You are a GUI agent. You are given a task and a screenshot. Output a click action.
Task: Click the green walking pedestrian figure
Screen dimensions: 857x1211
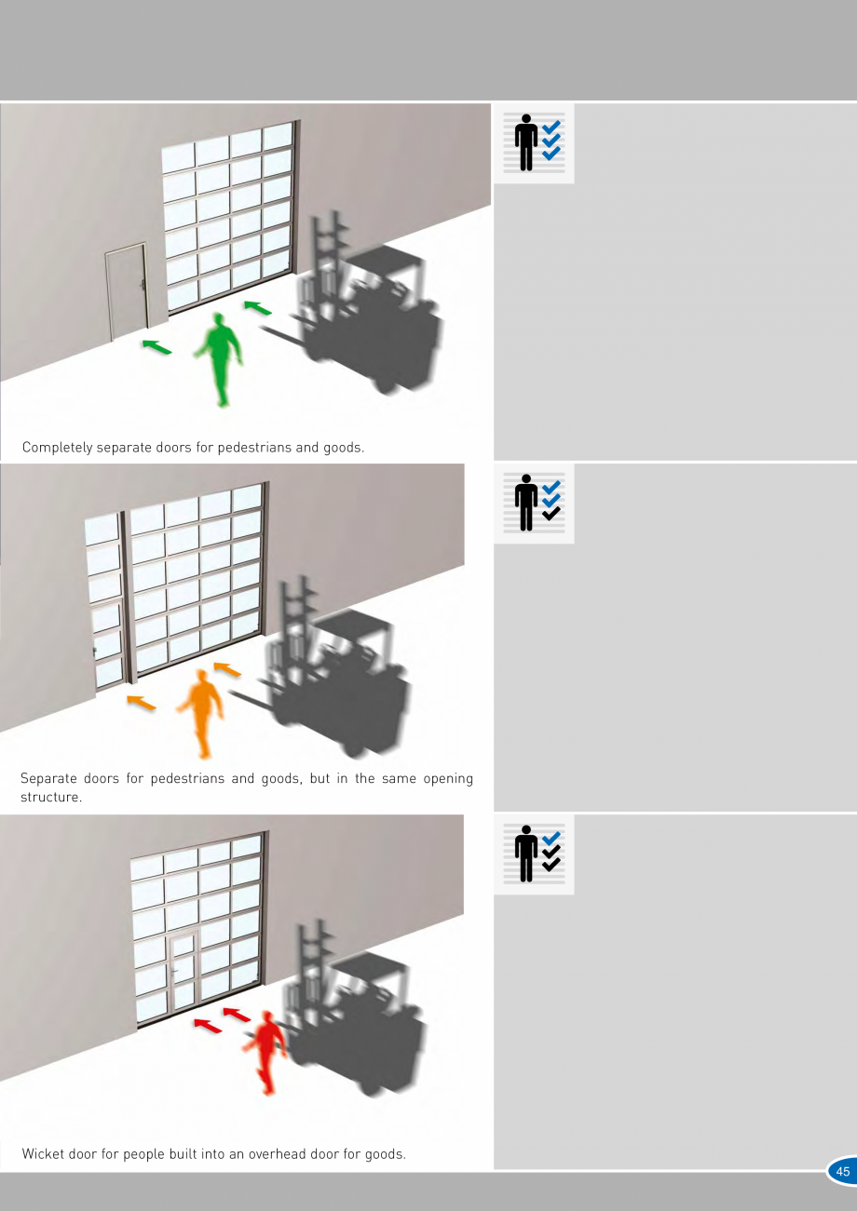(x=220, y=357)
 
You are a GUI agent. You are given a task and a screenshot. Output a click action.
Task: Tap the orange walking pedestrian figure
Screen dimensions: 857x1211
(x=202, y=712)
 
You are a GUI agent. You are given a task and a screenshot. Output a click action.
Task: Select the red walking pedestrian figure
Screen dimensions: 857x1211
(x=265, y=1052)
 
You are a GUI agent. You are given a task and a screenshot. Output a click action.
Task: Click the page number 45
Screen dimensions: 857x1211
(x=842, y=1172)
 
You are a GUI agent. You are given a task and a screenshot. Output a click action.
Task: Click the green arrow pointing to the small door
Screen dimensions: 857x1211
(x=156, y=347)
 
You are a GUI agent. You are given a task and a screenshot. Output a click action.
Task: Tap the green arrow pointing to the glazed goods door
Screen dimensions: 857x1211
(x=257, y=307)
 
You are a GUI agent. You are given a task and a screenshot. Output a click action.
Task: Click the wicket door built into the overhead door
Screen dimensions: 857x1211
(x=184, y=969)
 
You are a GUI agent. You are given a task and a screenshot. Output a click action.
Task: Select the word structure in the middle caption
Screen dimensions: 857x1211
(x=51, y=797)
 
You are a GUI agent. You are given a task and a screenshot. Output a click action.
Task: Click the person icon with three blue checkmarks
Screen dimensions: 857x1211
(x=534, y=142)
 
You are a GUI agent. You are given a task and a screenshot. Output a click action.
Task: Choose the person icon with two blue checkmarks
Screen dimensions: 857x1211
(x=534, y=503)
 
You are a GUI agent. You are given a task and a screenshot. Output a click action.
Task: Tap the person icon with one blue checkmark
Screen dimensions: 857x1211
(x=534, y=854)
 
